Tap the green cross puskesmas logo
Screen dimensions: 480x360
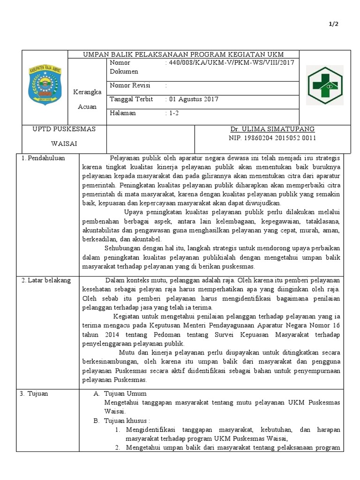[x=324, y=85]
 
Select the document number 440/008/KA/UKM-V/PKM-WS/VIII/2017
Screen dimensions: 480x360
[x=229, y=63]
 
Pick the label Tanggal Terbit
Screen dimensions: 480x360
[x=131, y=99]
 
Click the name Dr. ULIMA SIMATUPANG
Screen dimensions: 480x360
[x=272, y=129]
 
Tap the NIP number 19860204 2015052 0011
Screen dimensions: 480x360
[x=272, y=138]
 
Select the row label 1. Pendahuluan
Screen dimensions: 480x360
[x=43, y=158]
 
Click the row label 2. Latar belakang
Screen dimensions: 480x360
[x=46, y=280]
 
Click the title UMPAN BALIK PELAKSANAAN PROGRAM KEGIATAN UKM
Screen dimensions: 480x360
[x=183, y=54]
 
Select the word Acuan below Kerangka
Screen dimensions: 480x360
[x=88, y=106]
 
